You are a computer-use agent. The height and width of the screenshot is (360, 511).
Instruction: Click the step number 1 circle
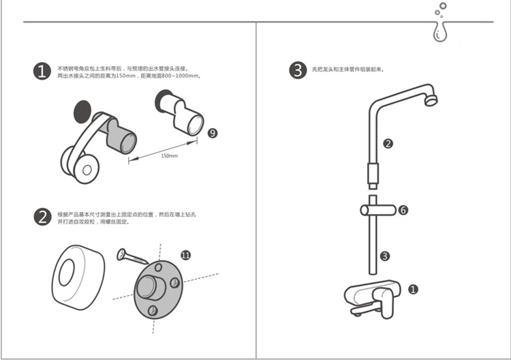pyautogui.click(x=42, y=72)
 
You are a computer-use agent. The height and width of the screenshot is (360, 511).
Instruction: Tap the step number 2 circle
pyautogui.click(x=42, y=217)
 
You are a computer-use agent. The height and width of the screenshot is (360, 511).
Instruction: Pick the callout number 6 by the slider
pyautogui.click(x=403, y=211)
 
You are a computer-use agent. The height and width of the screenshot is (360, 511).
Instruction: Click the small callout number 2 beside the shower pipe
pyautogui.click(x=388, y=144)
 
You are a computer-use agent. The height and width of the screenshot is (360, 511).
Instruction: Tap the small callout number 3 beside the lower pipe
pyautogui.click(x=385, y=256)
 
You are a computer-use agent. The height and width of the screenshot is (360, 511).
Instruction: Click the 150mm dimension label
pyautogui.click(x=169, y=156)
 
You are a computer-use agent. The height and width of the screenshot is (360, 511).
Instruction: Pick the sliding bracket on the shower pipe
pyautogui.click(x=373, y=209)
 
